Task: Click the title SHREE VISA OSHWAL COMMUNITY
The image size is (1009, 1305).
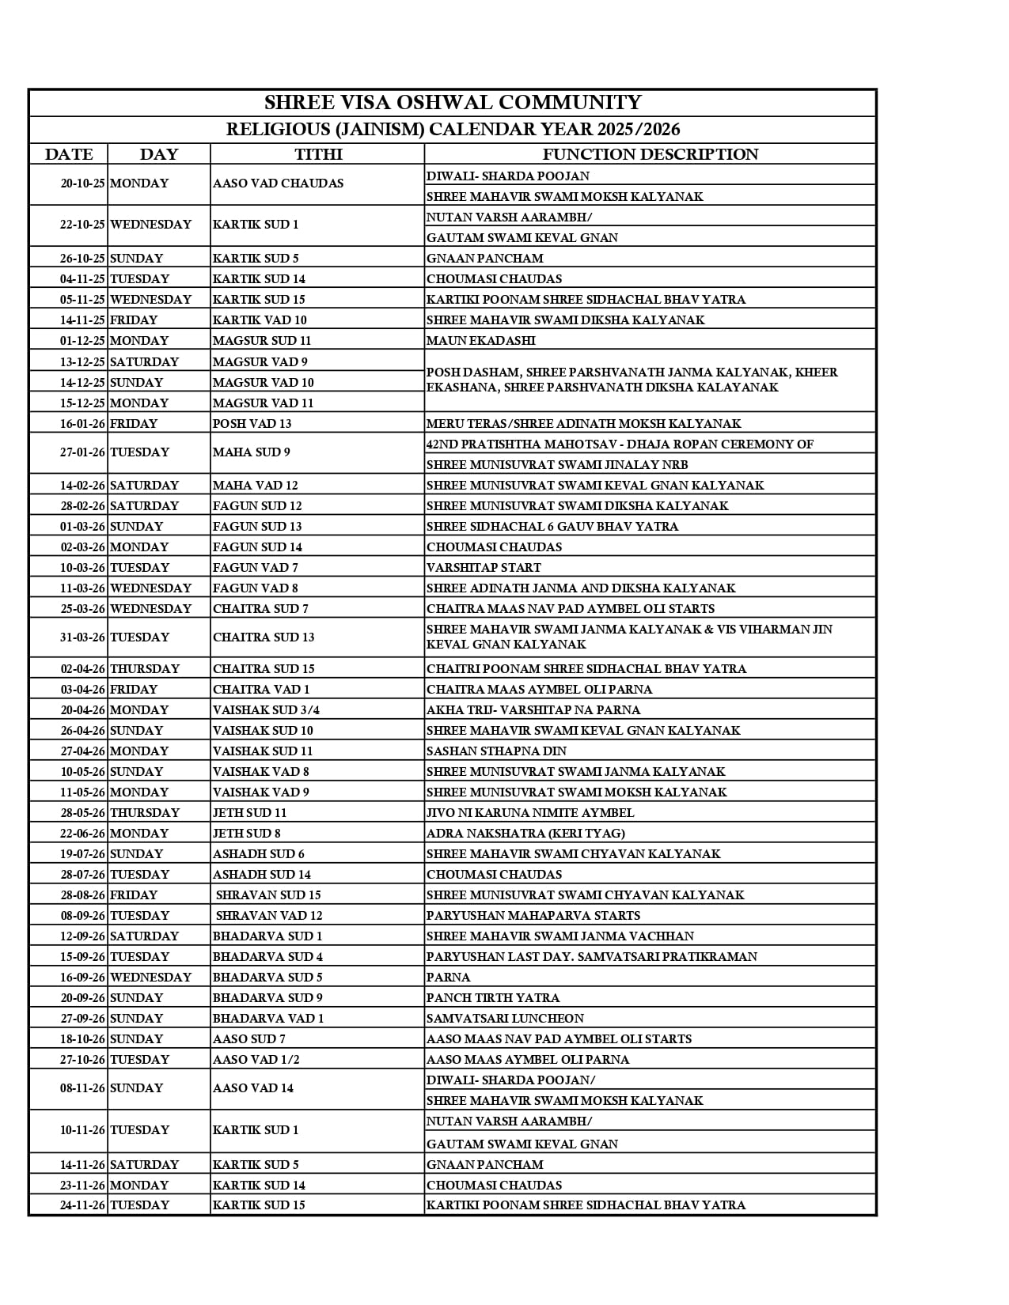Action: pos(452,103)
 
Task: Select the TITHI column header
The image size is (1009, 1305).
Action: pos(318,154)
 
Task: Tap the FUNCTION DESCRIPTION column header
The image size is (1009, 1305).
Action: pos(650,154)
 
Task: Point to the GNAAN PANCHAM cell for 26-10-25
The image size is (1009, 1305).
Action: pos(484,259)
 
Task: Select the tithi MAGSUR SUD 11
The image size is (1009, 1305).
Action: pos(262,341)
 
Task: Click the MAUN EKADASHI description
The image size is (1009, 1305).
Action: pos(480,341)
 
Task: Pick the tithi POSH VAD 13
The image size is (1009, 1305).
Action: pos(252,424)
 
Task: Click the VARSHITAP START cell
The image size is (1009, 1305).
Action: pos(484,568)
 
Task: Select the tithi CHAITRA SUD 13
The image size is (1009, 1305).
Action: pos(264,637)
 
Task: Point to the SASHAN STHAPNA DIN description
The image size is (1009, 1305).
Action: pos(496,751)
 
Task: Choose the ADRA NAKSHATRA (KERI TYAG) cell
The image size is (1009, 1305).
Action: pos(525,834)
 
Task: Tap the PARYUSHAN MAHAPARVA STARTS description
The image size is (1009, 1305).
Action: pos(533,916)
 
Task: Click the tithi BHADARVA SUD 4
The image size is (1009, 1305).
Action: pos(267,957)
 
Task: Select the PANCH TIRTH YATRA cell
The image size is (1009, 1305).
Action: pos(492,998)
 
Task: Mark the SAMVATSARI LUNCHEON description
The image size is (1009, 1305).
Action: pos(505,1019)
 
